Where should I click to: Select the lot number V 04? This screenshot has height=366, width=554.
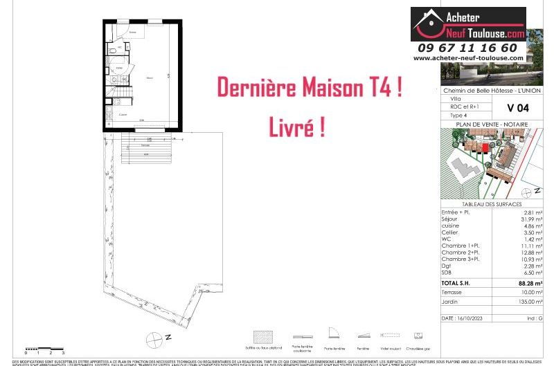[x=518, y=107]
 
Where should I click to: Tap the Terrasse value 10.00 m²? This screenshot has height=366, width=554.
[x=530, y=292]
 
